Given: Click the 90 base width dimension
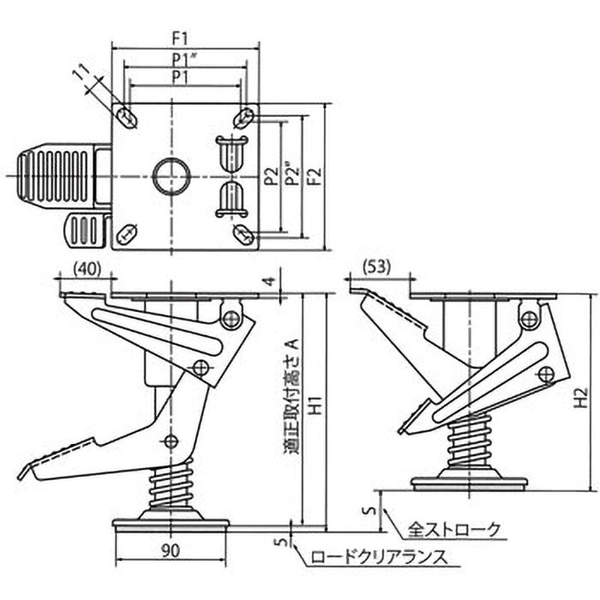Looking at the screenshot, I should click(170, 550).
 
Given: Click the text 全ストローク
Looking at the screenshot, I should click(453, 529).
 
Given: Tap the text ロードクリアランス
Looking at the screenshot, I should click(378, 557).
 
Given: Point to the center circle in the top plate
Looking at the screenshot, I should click(172, 176).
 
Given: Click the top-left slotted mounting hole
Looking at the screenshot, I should click(127, 117).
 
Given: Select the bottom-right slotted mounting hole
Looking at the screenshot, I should click(242, 234).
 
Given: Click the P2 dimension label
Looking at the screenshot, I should click(271, 176).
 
